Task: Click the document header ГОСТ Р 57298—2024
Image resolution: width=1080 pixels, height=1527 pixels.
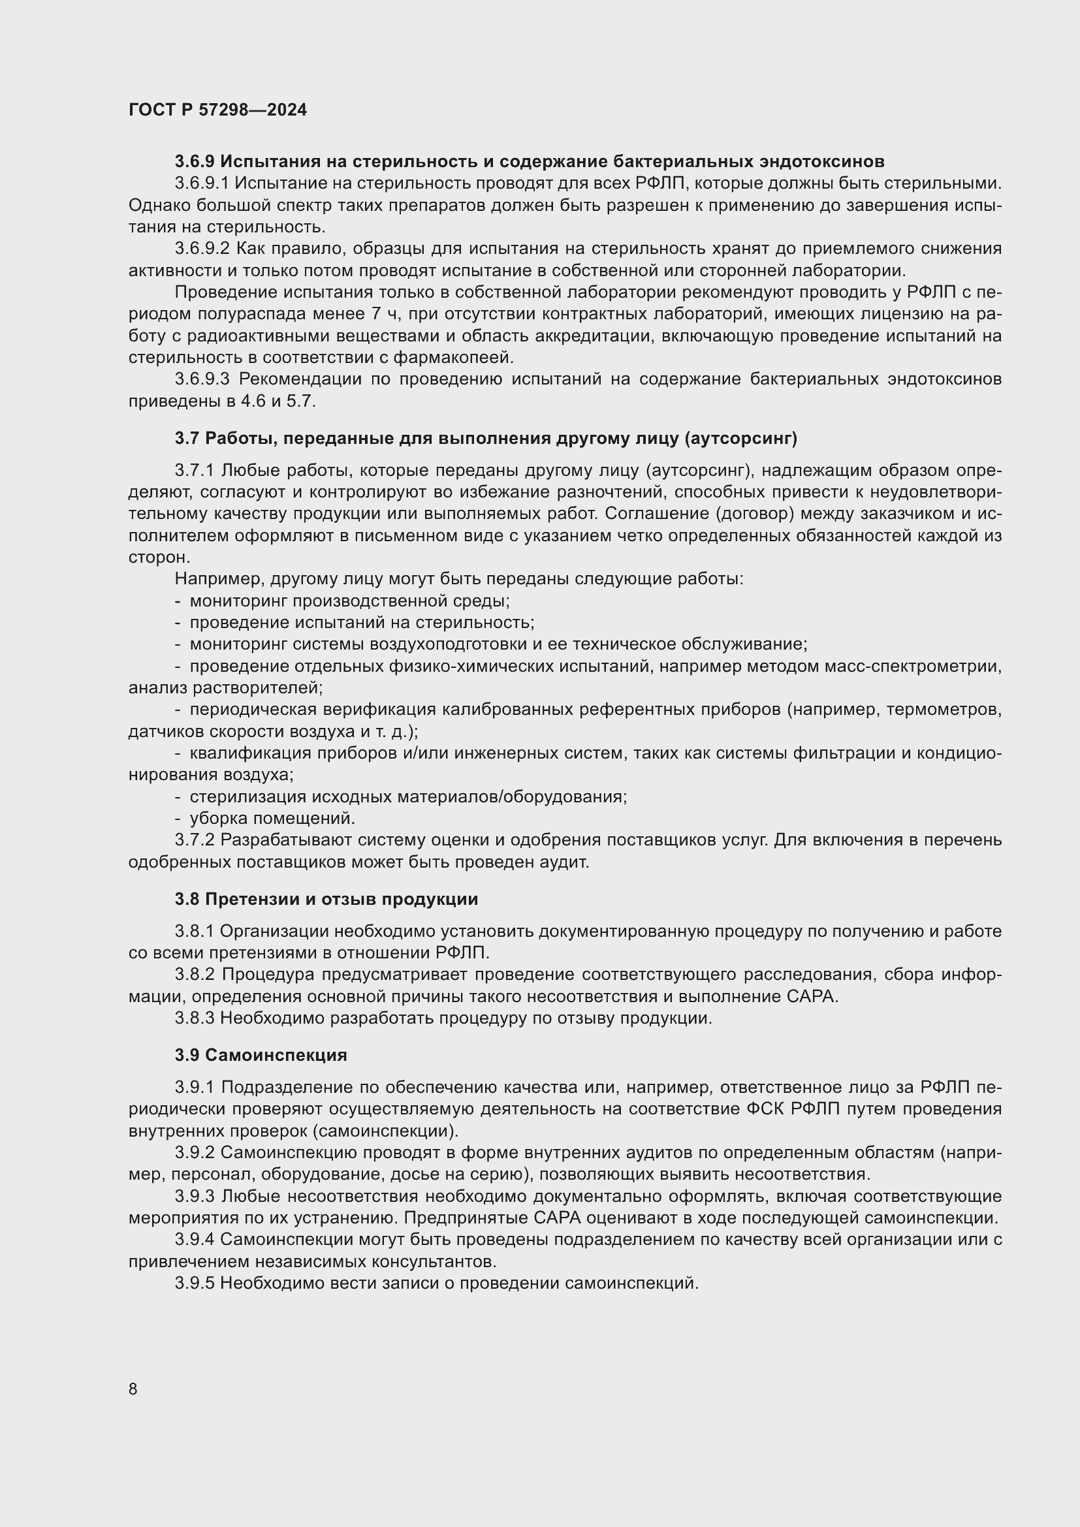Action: tap(217, 110)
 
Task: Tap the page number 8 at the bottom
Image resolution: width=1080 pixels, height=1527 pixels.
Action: tap(133, 1389)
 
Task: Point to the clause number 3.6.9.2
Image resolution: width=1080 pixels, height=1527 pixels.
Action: tap(202, 249)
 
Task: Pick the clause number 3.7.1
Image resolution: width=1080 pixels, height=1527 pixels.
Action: tap(194, 471)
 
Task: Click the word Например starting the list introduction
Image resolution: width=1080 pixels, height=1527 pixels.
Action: tap(210, 578)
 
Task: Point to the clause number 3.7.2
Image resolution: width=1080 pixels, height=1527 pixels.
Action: tap(194, 840)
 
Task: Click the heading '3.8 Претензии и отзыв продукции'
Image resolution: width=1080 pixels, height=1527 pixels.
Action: tap(326, 900)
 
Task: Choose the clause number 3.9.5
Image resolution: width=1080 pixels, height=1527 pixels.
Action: tap(194, 1283)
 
